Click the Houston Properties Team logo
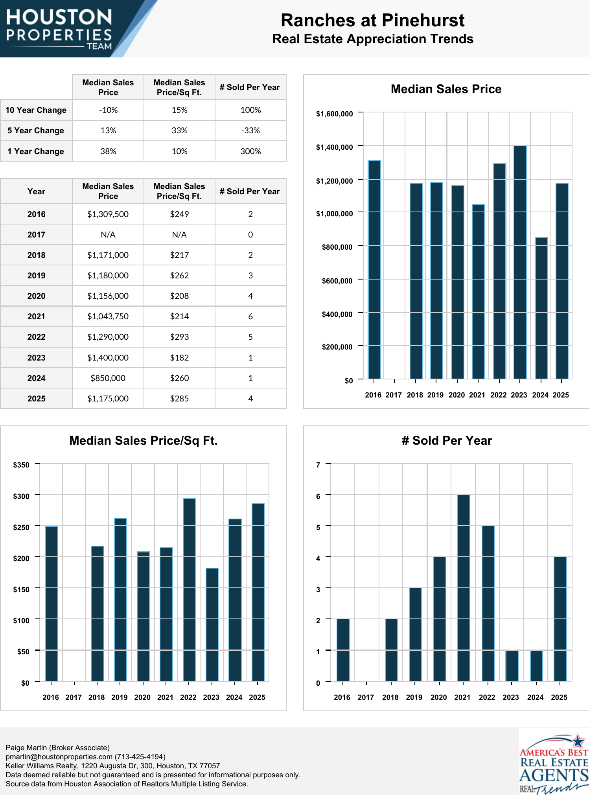click(x=59, y=29)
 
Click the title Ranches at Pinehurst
click(x=372, y=20)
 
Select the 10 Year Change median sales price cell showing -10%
click(x=108, y=110)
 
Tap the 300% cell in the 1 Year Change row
click(x=250, y=151)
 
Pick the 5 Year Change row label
click(x=36, y=131)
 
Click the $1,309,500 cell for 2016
click(x=108, y=214)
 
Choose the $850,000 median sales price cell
click(x=108, y=378)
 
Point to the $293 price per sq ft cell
click(x=179, y=337)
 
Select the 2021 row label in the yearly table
click(x=36, y=317)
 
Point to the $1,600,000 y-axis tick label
click(x=334, y=114)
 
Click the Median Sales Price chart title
click(x=446, y=89)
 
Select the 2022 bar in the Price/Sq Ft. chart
click(x=189, y=590)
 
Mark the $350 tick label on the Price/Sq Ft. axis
click(x=21, y=465)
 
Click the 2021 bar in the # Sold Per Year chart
click(x=464, y=588)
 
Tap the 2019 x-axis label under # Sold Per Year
click(x=414, y=697)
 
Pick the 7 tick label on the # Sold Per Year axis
click(x=318, y=465)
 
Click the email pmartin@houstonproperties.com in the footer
click(x=59, y=757)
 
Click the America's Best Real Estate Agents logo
click(x=554, y=763)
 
